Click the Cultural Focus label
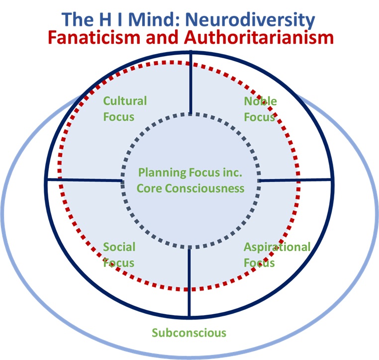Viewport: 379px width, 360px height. tap(124, 109)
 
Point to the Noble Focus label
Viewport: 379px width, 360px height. tap(260, 109)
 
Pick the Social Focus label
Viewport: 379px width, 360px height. tap(119, 255)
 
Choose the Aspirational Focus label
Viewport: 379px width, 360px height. tap(277, 255)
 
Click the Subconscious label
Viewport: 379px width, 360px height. tap(189, 333)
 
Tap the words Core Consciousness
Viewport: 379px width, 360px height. tap(190, 188)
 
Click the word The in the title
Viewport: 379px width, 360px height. tap(78, 20)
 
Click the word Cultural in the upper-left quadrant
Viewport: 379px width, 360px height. tap(125, 101)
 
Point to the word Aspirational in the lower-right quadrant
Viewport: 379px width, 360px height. tap(277, 247)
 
